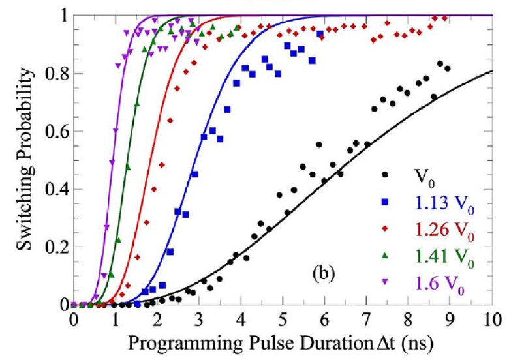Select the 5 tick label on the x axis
tap(283, 320)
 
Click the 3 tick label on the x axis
tap(199, 320)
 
